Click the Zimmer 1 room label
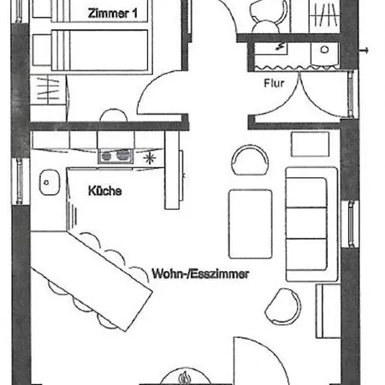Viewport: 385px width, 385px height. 112,14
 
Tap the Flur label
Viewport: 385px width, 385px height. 274,83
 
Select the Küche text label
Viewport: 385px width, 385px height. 105,191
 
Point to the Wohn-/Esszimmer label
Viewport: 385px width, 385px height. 200,274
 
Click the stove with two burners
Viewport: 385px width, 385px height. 115,156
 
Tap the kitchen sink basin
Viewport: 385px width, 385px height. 50,182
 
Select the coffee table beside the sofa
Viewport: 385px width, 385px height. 250,224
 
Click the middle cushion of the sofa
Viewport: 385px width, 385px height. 306,223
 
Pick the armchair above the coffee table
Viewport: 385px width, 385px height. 250,160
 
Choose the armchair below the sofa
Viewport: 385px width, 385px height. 283,306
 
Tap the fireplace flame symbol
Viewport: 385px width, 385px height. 185,377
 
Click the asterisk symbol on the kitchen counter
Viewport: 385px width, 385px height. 150,158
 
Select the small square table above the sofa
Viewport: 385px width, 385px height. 310,144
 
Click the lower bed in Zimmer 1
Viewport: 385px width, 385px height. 90,50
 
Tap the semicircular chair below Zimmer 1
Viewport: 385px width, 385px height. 114,115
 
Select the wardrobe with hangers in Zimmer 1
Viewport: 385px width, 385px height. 49,90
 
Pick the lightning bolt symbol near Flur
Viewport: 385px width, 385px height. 281,46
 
